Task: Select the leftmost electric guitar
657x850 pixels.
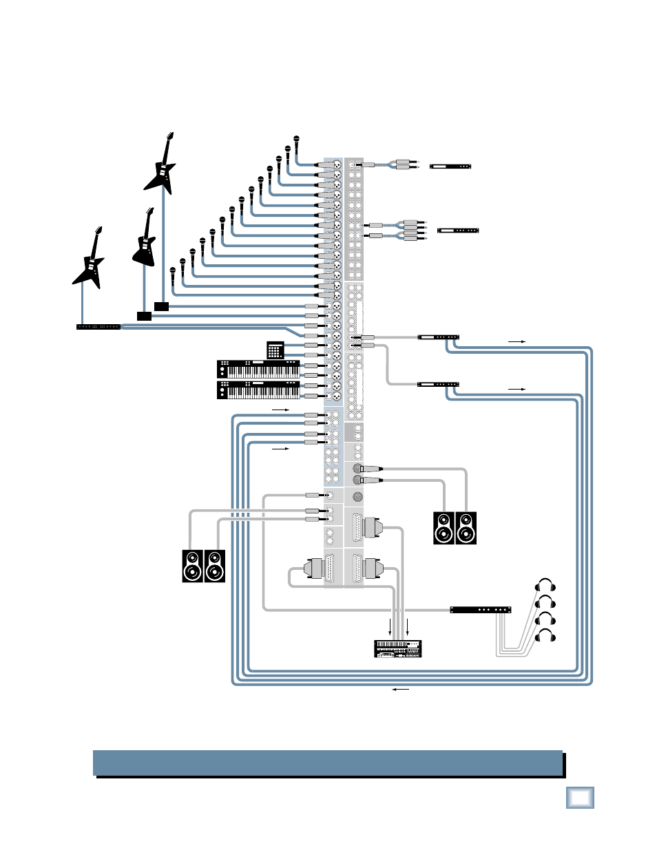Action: (90, 260)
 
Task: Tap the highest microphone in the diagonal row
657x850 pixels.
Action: (297, 143)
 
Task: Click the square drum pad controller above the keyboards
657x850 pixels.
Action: (275, 350)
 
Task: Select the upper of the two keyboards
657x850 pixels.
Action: (258, 369)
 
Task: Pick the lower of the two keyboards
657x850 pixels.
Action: (258, 390)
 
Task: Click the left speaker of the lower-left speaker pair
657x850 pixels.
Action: (193, 566)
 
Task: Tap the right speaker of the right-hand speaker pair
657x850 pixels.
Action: (466, 529)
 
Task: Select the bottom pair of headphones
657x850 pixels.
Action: (545, 635)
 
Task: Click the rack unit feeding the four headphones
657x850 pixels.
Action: (480, 610)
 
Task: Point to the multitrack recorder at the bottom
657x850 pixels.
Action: (397, 648)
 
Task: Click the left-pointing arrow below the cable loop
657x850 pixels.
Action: (400, 689)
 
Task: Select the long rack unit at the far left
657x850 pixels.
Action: (98, 326)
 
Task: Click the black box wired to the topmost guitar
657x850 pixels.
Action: (162, 306)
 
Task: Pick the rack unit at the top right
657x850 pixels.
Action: (450, 166)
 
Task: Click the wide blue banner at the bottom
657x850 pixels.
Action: (328, 763)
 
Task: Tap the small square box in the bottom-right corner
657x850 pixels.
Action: (580, 798)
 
